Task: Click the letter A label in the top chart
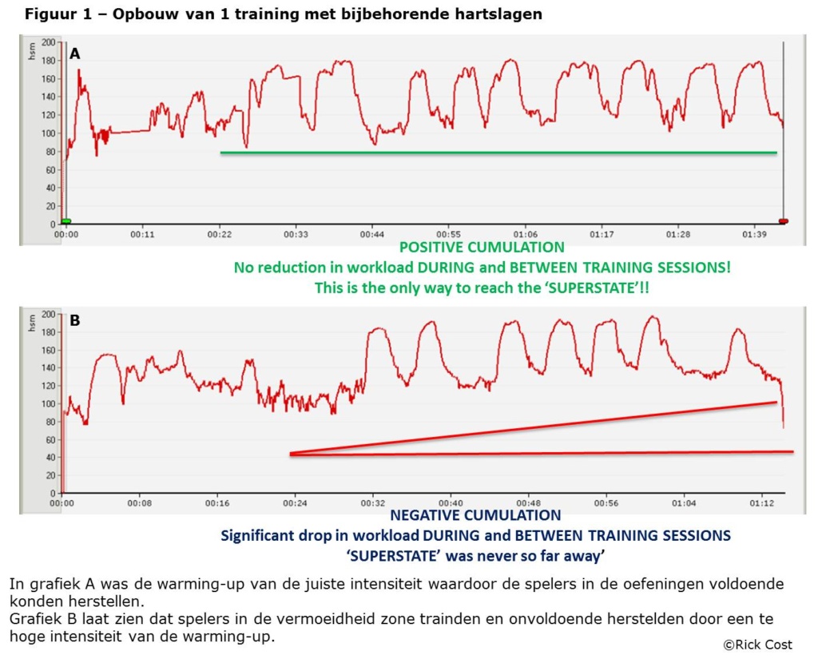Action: click(x=75, y=54)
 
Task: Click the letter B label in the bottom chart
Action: click(x=75, y=321)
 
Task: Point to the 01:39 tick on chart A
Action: click(x=755, y=236)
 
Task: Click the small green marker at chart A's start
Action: click(x=66, y=221)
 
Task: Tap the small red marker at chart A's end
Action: click(x=783, y=221)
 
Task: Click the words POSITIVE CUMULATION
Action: click(x=482, y=248)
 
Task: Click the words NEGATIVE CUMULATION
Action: click(x=475, y=516)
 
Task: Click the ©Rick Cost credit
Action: click(x=756, y=644)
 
